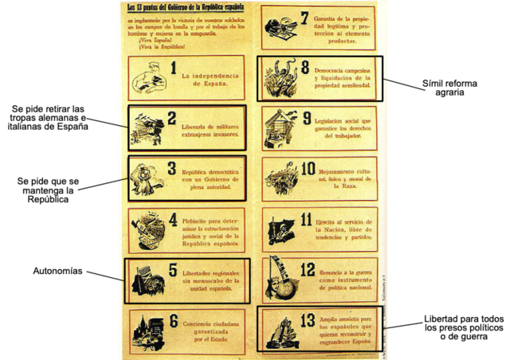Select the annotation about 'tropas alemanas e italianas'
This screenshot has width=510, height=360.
49,117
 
